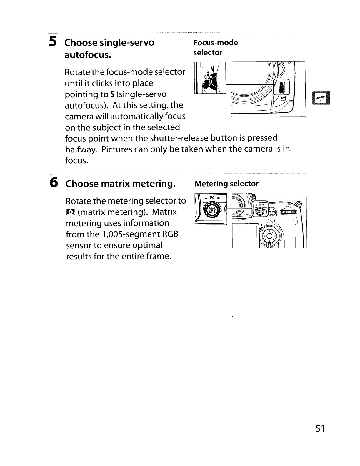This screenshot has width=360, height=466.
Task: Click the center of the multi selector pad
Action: coord(270,236)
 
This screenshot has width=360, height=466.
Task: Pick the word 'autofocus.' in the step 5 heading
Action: coord(88,55)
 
